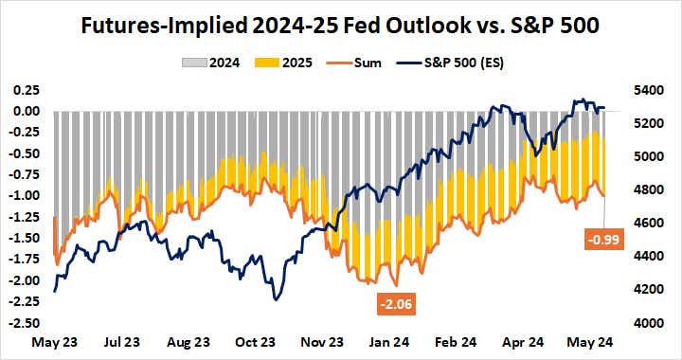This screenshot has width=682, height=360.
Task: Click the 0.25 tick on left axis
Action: (x=27, y=90)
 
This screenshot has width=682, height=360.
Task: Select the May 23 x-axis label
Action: (x=53, y=341)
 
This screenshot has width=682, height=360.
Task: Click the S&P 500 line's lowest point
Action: (x=275, y=299)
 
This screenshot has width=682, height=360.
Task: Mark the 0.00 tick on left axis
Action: (x=27, y=111)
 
